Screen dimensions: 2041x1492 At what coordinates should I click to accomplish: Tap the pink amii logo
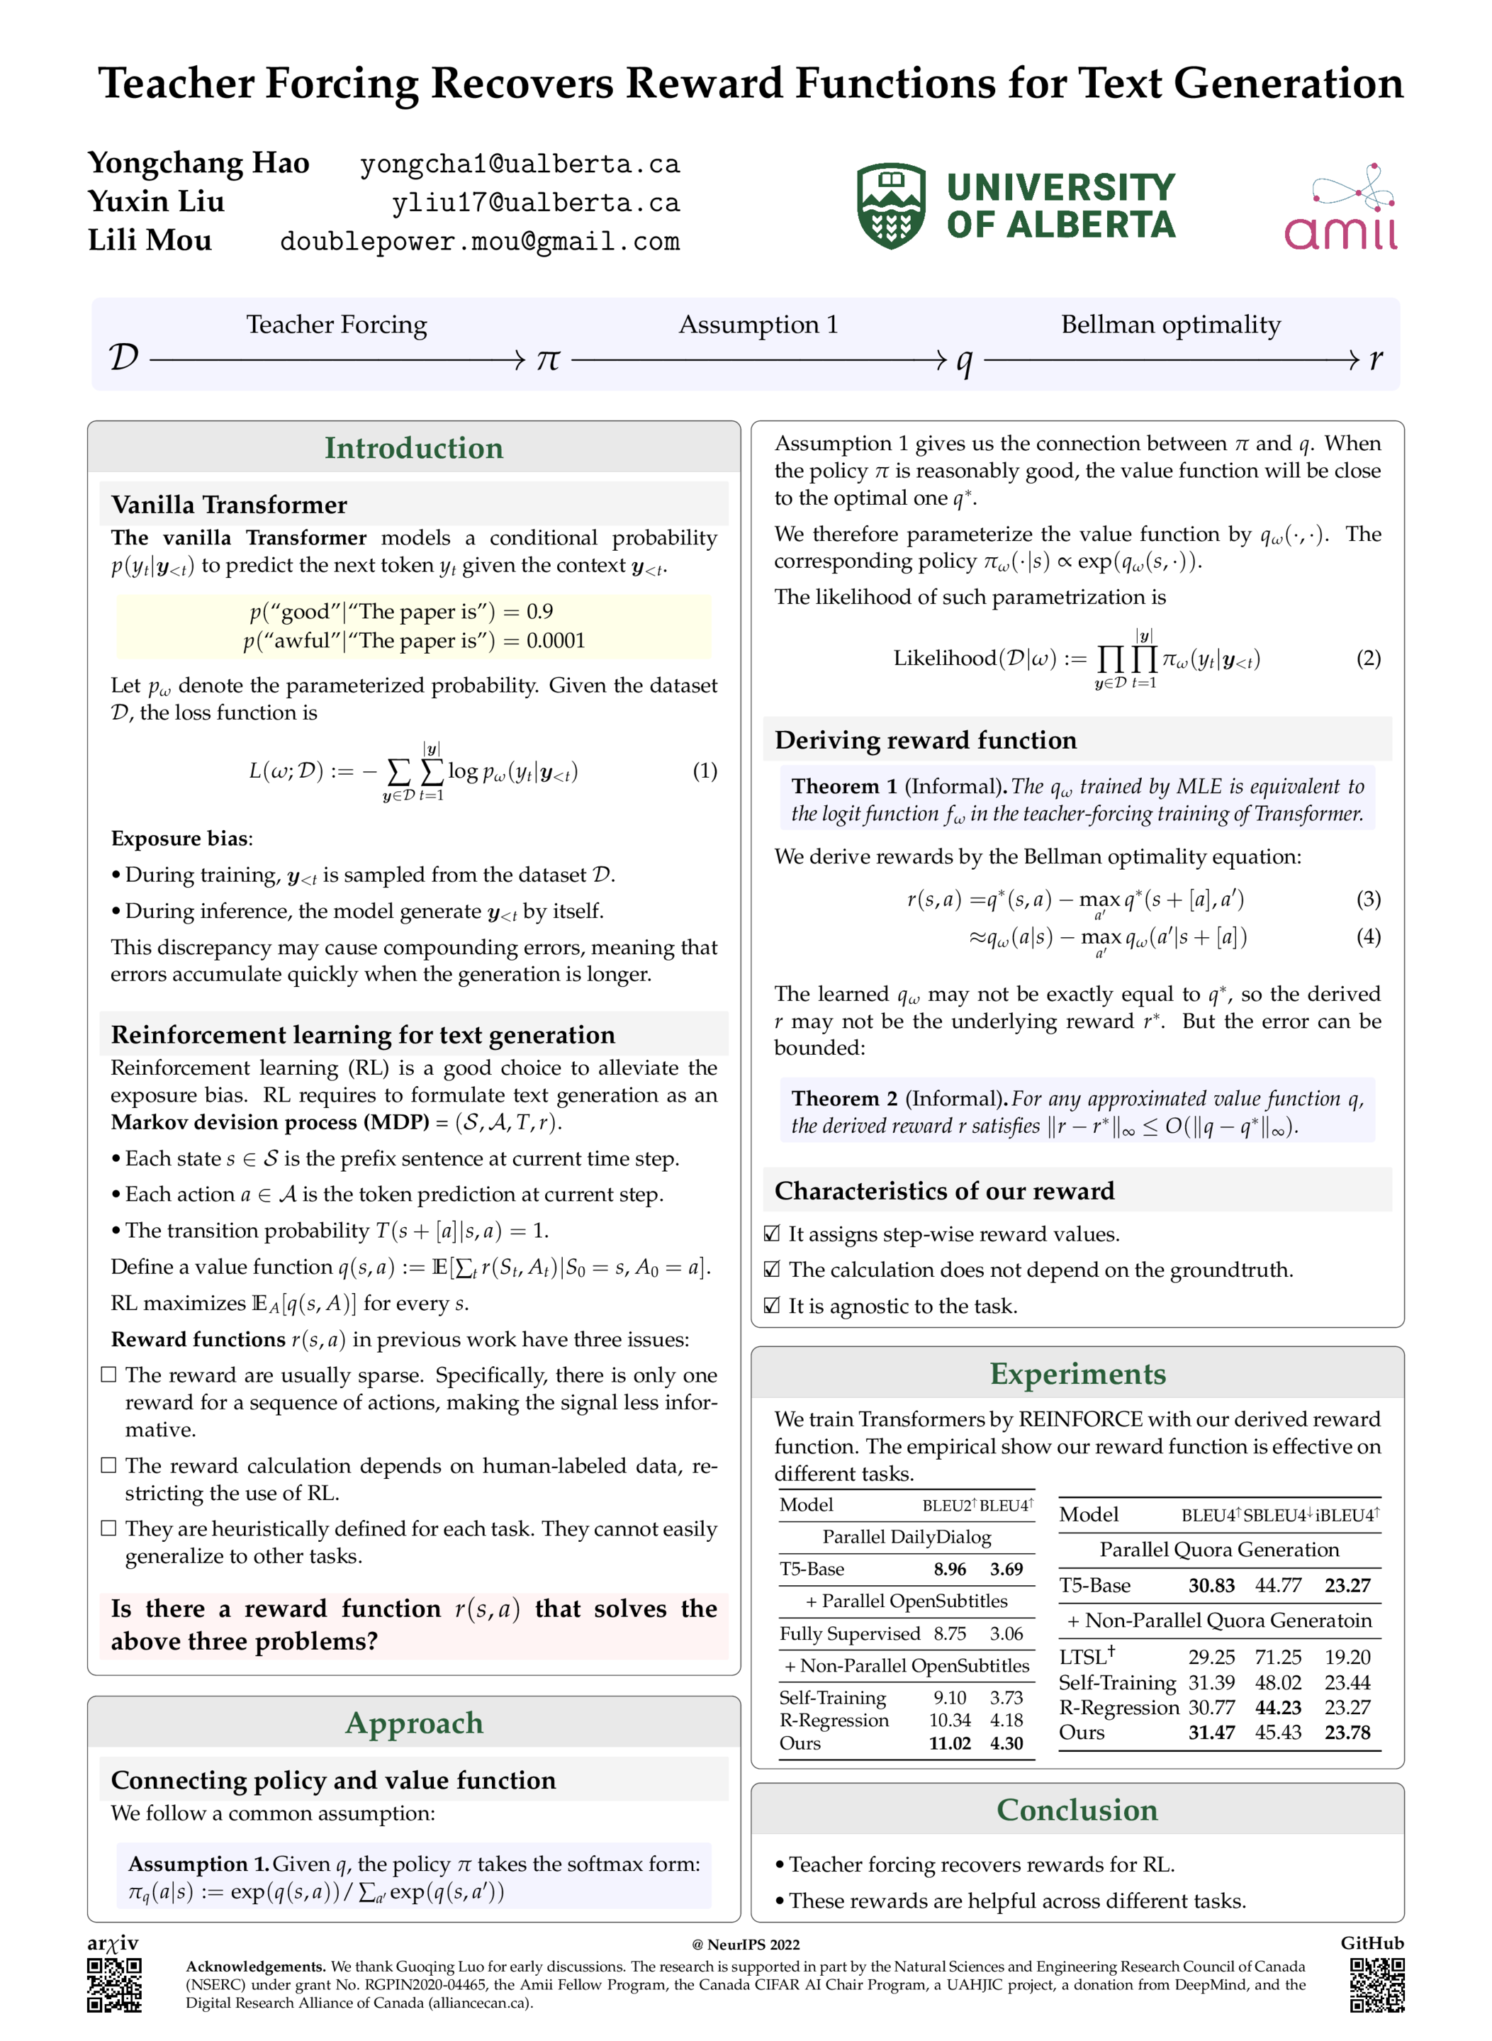tap(1341, 208)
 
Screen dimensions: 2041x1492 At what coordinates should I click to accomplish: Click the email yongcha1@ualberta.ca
tap(520, 164)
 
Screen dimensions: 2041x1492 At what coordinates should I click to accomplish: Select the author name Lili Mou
tap(150, 240)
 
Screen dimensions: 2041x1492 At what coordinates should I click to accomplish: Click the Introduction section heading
tap(414, 448)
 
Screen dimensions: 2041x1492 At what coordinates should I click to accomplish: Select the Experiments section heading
tap(1077, 1374)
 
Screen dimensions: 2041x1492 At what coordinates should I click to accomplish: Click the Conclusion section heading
tap(1077, 1810)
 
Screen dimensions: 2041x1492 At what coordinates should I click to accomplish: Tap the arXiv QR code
tap(114, 1985)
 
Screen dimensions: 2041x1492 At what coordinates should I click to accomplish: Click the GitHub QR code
tap(1377, 1985)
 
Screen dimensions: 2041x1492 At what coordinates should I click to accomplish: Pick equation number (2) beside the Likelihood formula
tap(1368, 659)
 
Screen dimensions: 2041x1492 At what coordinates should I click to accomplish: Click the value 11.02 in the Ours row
tap(949, 1744)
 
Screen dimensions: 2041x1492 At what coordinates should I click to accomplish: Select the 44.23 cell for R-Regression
tap(1278, 1708)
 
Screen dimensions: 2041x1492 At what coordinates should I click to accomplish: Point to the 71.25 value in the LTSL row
tap(1278, 1657)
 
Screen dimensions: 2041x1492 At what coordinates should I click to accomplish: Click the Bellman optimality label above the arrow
tap(1170, 324)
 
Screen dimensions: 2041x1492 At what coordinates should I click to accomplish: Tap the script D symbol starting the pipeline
tap(124, 357)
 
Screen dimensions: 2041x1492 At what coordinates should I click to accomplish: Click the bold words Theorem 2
tap(844, 1099)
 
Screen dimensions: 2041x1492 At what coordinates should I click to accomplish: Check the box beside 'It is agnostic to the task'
tap(772, 1306)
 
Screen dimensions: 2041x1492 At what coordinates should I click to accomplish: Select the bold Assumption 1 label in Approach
tap(198, 1864)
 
